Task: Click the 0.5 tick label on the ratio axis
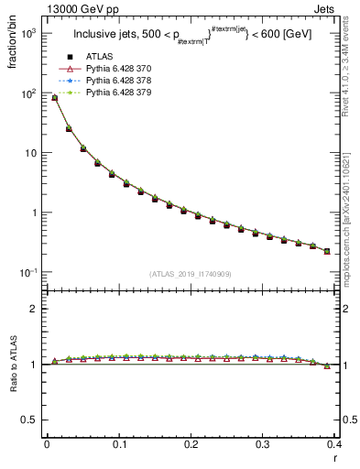tap(29, 420)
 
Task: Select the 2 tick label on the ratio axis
tap(34, 309)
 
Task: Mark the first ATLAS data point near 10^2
tap(54, 98)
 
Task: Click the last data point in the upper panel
tap(327, 251)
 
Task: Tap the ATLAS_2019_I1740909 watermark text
tap(190, 274)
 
